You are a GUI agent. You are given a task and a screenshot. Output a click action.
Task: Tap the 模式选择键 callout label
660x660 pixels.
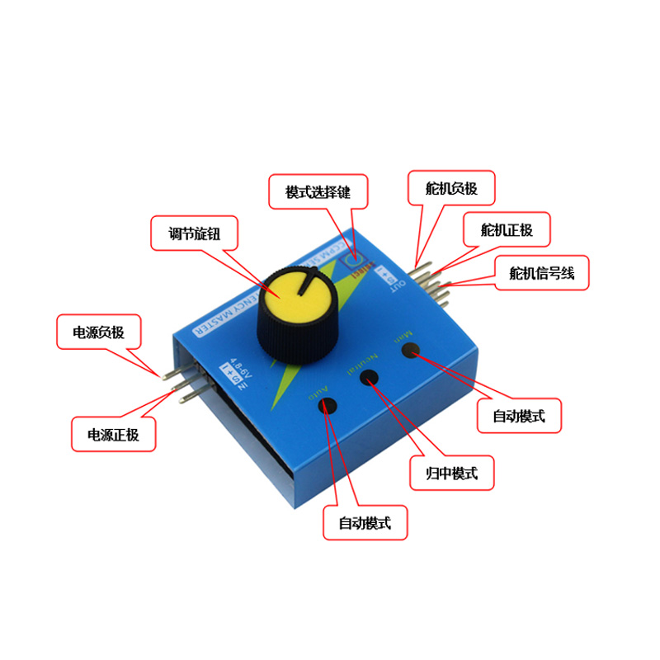[x=318, y=191]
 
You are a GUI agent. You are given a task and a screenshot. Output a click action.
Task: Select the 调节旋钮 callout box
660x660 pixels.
[x=196, y=233]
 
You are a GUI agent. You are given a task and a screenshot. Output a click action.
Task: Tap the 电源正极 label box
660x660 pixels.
[x=114, y=434]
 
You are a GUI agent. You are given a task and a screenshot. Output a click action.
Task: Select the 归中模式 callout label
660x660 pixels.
[x=455, y=474]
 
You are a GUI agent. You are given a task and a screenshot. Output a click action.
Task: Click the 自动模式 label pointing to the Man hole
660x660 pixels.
[x=519, y=417]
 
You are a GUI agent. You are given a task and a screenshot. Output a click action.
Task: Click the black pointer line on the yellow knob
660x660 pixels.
[x=309, y=283]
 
